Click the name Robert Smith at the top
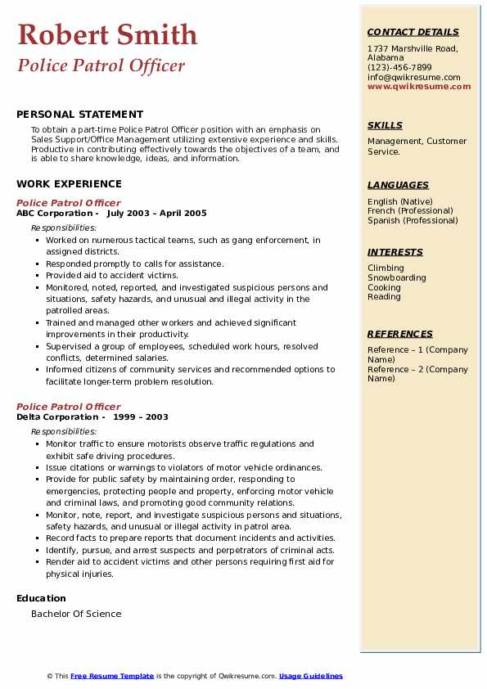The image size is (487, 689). tap(107, 34)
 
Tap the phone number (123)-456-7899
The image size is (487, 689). tap(399, 68)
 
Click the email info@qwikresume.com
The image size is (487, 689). tap(413, 77)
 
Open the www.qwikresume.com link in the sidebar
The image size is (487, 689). tap(419, 86)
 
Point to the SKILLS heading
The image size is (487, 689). tap(385, 125)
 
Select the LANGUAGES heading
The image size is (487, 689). tap(398, 185)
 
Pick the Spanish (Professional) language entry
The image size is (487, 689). tap(413, 220)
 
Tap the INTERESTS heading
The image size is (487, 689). tap(395, 252)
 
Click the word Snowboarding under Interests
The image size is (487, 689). tap(397, 277)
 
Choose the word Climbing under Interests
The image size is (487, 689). tap(386, 268)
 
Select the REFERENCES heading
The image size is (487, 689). tap(400, 334)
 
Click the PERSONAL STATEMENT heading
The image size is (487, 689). tap(79, 115)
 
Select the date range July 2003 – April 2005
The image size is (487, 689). tap(156, 213)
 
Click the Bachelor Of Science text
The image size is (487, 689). tap(76, 614)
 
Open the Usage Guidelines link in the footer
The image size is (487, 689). tap(310, 676)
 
